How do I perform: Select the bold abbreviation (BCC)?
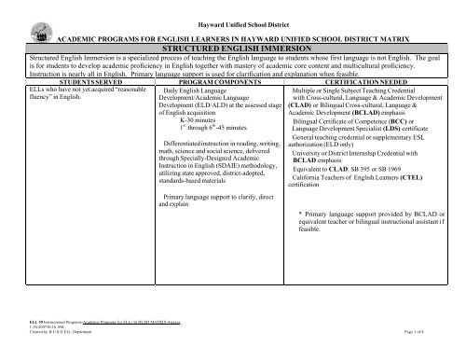point(411,147)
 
